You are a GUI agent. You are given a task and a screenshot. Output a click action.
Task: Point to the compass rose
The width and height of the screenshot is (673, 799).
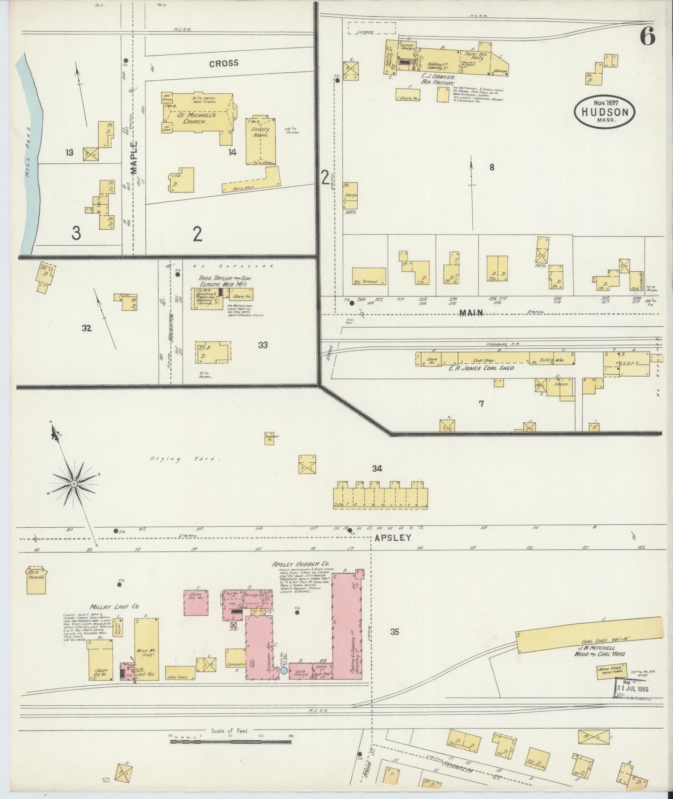[x=74, y=484]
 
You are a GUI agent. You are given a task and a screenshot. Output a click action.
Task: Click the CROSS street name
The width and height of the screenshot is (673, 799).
[x=224, y=63]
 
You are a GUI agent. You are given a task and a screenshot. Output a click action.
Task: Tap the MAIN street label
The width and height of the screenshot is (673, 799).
[x=471, y=313]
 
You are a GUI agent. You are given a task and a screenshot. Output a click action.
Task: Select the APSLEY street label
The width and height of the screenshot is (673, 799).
[x=393, y=537]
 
